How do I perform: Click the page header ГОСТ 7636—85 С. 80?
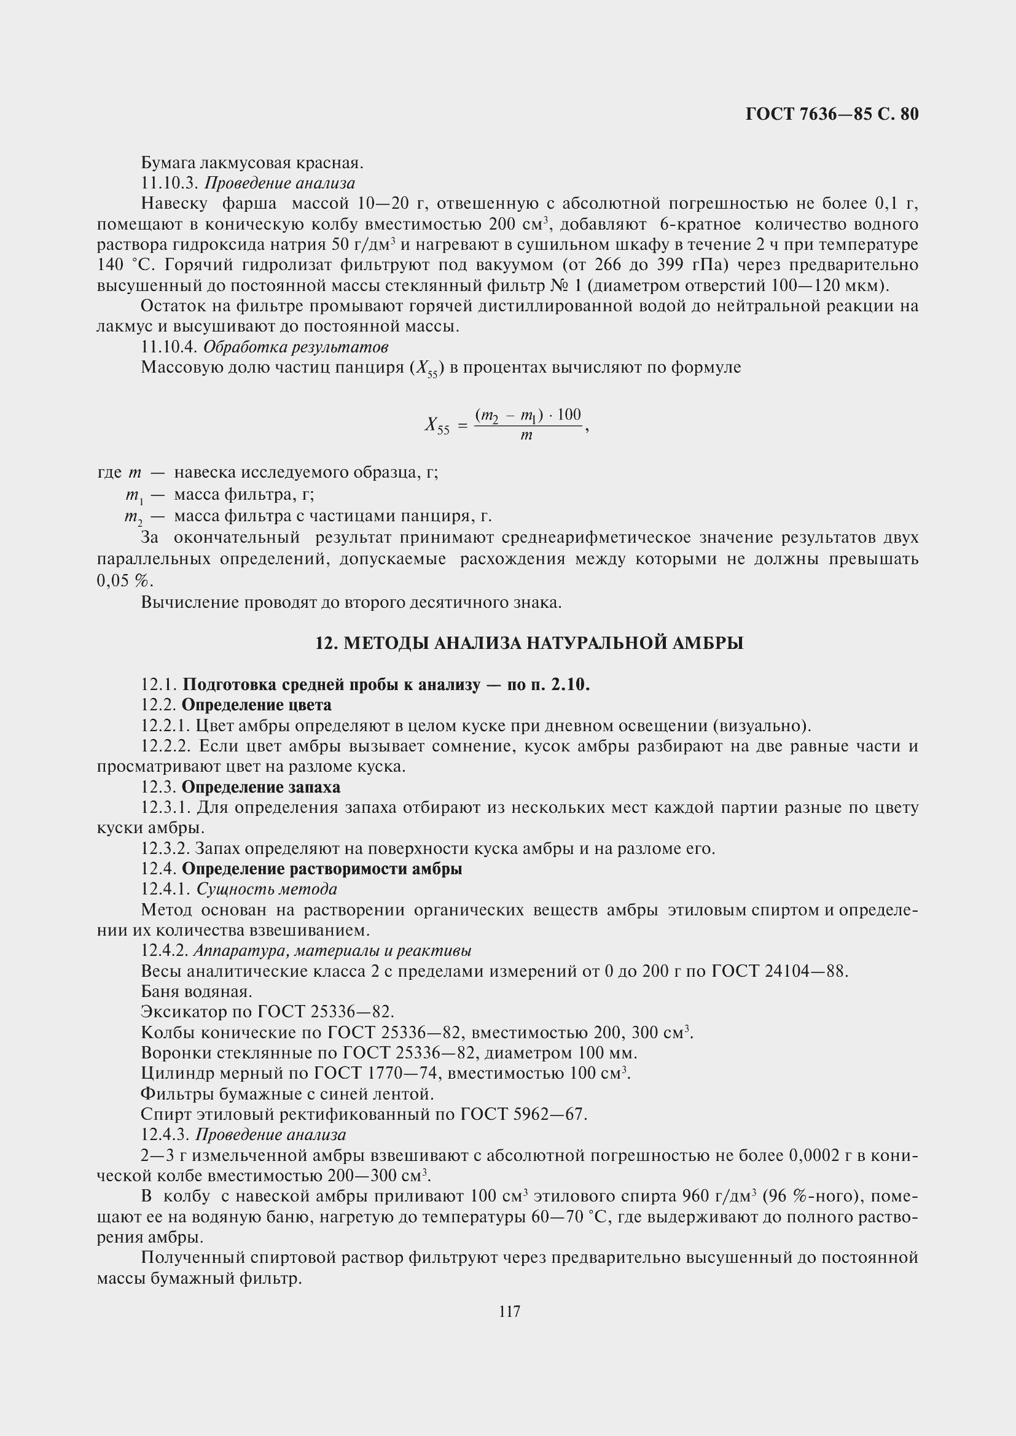(x=832, y=114)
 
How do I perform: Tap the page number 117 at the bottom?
(x=509, y=1311)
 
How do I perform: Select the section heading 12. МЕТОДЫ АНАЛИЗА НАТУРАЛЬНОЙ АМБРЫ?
(x=529, y=643)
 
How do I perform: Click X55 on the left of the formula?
(x=437, y=425)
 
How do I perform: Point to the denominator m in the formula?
(x=526, y=435)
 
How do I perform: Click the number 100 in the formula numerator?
(x=569, y=414)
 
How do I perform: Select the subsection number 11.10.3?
(x=170, y=183)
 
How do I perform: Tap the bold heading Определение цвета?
(x=257, y=705)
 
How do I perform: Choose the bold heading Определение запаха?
(x=261, y=787)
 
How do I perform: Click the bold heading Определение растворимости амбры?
(x=321, y=869)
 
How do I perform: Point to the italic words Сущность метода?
(x=267, y=889)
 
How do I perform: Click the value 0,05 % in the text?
(x=125, y=580)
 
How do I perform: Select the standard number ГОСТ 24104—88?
(x=780, y=971)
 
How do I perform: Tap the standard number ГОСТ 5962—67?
(x=523, y=1114)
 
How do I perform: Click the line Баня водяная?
(x=197, y=992)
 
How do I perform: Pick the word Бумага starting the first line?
(x=166, y=163)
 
